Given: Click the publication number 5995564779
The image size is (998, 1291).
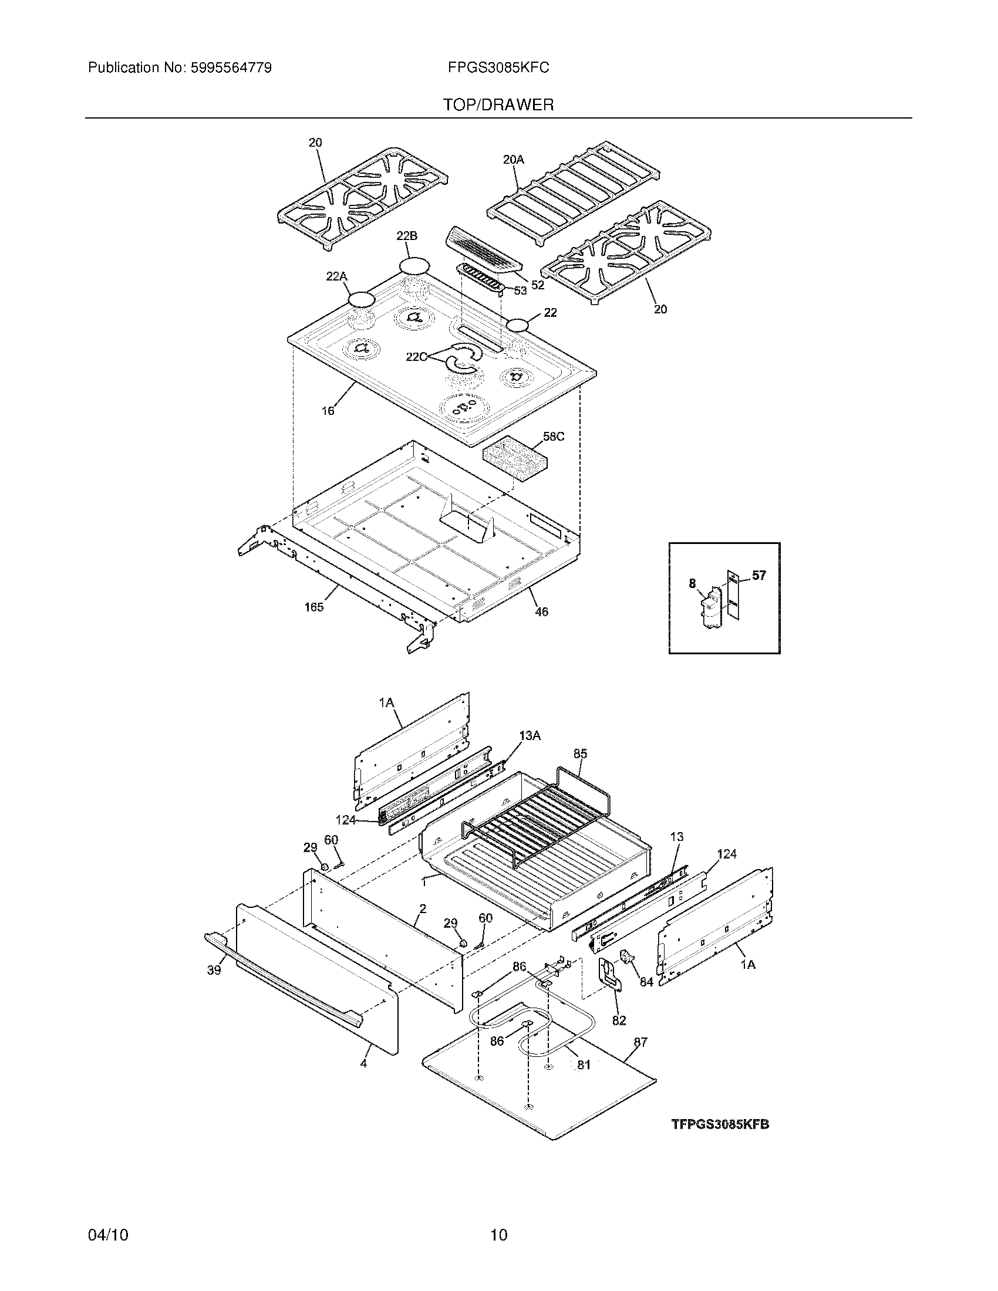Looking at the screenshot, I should (x=231, y=68).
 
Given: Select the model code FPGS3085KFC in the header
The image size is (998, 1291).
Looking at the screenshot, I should (x=498, y=68).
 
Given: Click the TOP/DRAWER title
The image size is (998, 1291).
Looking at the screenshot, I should (x=498, y=105).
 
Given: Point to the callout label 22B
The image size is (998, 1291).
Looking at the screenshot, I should (x=407, y=236).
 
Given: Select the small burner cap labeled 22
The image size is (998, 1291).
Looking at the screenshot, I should (x=518, y=324).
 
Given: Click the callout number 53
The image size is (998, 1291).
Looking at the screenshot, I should (x=520, y=290).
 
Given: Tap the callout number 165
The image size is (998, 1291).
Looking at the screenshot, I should (x=314, y=607).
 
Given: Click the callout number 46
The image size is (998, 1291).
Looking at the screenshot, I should (x=541, y=612).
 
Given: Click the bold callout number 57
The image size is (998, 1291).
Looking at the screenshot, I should (x=758, y=575).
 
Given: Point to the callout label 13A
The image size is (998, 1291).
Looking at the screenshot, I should (x=530, y=735).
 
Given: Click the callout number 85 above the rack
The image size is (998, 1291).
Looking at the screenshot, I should (x=580, y=753).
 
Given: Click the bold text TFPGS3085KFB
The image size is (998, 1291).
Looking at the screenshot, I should (x=720, y=1124).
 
